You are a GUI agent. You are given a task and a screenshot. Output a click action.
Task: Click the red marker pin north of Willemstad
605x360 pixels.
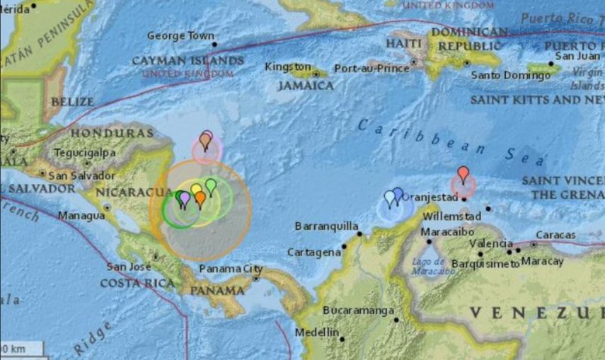tap(463, 173)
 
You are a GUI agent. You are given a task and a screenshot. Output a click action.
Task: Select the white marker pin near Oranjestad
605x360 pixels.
tap(389, 197)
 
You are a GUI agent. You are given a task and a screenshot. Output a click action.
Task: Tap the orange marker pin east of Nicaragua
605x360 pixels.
tap(200, 198)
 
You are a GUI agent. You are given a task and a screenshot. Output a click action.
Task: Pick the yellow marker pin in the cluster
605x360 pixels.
tap(196, 190)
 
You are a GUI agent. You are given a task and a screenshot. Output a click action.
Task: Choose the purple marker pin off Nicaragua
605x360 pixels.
tap(185, 199)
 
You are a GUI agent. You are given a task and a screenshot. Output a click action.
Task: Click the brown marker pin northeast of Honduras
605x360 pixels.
tap(204, 141)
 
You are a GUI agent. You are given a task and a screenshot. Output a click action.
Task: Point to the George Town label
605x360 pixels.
tap(180, 36)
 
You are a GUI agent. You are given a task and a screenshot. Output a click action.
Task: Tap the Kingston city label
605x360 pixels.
tap(287, 67)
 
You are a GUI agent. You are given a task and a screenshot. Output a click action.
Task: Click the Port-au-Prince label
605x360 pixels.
tap(371, 69)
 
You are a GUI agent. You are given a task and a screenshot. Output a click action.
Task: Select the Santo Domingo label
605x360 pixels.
tap(511, 75)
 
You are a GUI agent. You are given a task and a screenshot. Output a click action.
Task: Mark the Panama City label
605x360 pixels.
tap(231, 269)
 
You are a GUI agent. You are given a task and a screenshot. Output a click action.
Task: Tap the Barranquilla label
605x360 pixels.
tap(325, 227)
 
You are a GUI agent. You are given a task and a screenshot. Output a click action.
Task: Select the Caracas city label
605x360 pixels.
tap(555, 235)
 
